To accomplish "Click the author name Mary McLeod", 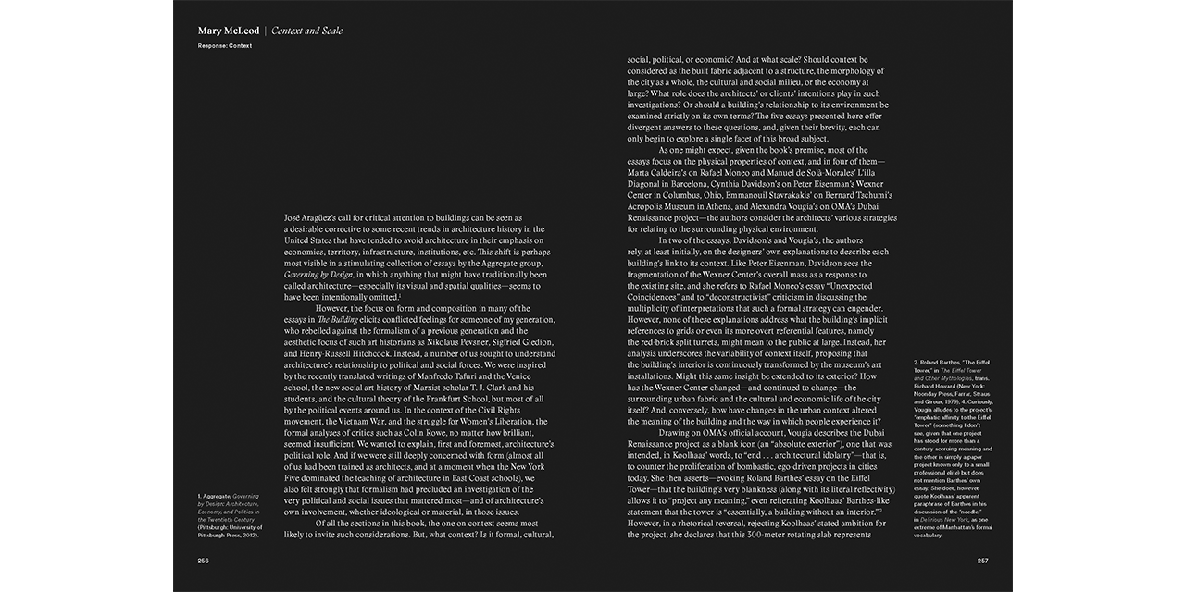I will (228, 31).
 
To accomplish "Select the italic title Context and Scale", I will (306, 31).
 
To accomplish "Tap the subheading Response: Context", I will (225, 45).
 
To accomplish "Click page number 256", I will (204, 561).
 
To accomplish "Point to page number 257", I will (983, 561).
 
